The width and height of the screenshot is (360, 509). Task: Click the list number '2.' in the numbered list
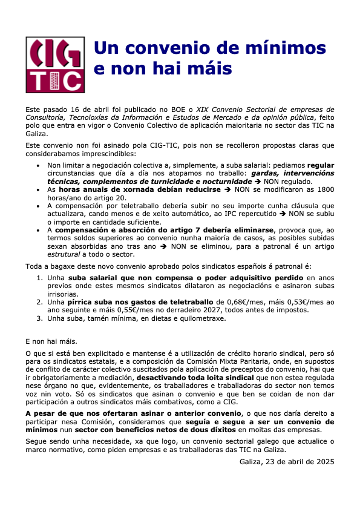41,301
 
